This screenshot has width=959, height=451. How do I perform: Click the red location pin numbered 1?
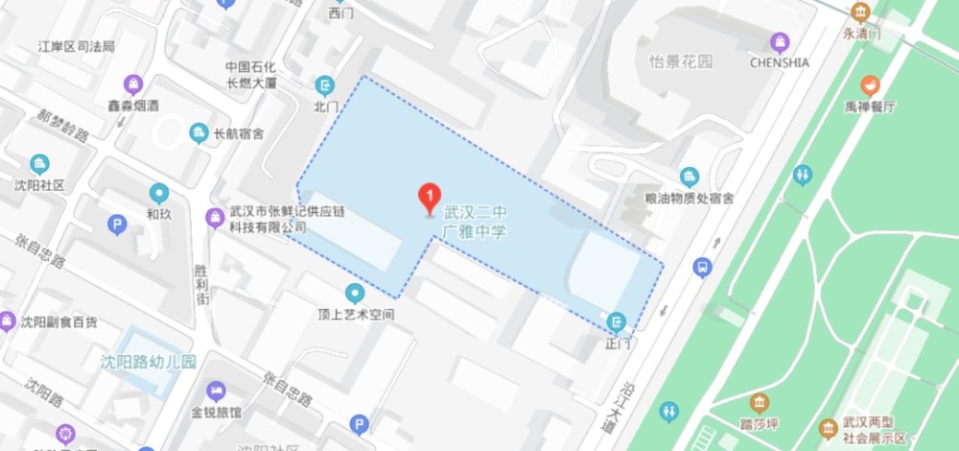pos(431,199)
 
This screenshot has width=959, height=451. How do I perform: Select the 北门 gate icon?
pos(326,83)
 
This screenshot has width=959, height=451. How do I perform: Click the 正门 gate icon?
pos(617,320)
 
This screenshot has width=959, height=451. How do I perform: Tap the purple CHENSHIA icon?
pos(780,42)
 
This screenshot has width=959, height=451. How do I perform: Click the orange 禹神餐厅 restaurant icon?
pos(871,84)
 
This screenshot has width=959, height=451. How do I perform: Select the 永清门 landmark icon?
pos(860,12)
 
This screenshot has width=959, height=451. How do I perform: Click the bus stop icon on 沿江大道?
pos(703,266)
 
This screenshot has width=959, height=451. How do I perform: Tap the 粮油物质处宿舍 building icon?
pos(689,177)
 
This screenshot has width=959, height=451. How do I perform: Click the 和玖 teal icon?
pos(159,193)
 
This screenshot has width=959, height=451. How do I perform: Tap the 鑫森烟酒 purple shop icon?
pos(132,83)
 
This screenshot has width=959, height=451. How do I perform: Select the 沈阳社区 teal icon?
pos(39,164)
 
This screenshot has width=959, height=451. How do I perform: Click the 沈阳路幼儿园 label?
pos(149,363)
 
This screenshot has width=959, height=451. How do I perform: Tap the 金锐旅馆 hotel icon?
pos(216,391)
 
